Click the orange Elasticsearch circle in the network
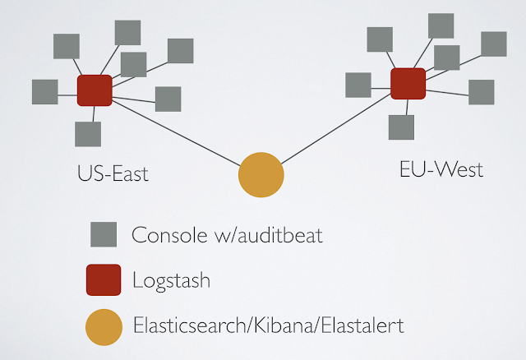pyautogui.click(x=261, y=175)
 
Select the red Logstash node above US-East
pyautogui.click(x=95, y=90)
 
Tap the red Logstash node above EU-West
pyautogui.click(x=408, y=84)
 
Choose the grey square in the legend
pyautogui.click(x=104, y=234)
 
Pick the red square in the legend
pyautogui.click(x=104, y=279)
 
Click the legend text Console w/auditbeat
pyautogui.click(x=228, y=236)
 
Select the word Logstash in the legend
pyautogui.click(x=171, y=280)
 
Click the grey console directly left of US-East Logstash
pyautogui.click(x=44, y=92)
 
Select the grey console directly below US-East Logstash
pyautogui.click(x=87, y=134)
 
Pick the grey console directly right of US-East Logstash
pyautogui.click(x=168, y=99)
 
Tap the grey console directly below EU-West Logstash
pyautogui.click(x=401, y=127)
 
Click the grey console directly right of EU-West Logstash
pyautogui.click(x=481, y=92)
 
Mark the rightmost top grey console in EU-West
pyautogui.click(x=493, y=44)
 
